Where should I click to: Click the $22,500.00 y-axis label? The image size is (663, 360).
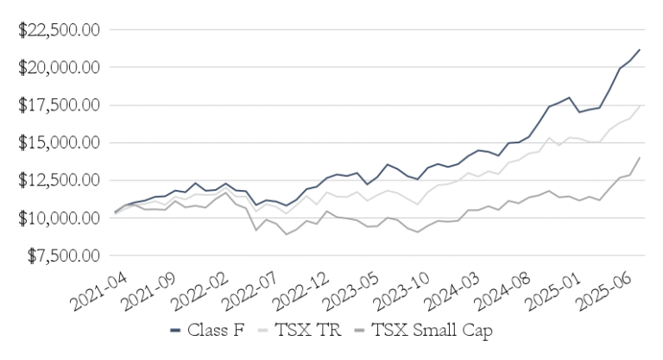62,29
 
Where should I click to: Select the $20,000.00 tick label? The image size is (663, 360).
62,67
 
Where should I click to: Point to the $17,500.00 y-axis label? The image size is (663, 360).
62,105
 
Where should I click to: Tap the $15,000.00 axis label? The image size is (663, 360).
62,142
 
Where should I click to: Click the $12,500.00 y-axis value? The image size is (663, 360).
62,180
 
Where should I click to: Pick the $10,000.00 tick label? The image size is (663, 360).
62,218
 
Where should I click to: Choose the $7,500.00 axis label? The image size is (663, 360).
66,256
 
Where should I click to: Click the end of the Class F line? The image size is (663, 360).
639,50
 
